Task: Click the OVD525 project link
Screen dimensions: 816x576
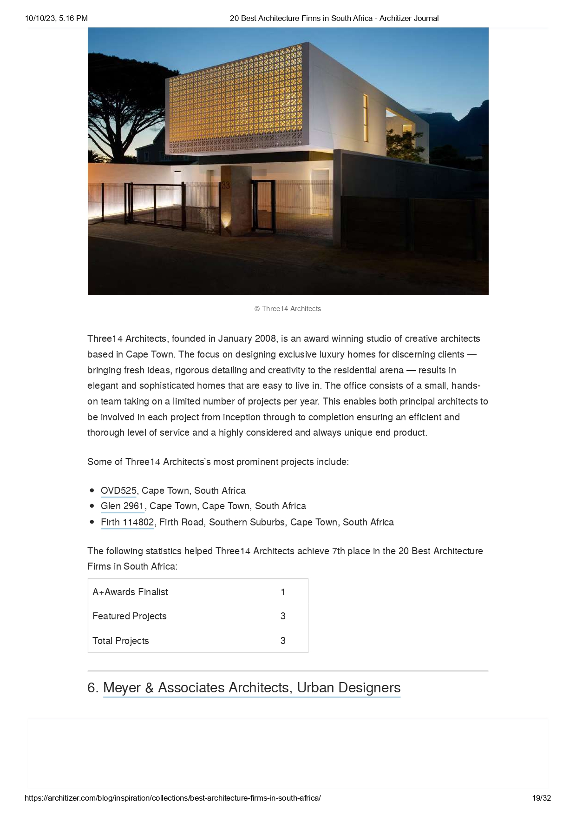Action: click(x=118, y=491)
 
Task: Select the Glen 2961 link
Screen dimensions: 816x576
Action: click(x=122, y=506)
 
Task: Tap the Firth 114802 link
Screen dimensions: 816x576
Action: click(x=127, y=522)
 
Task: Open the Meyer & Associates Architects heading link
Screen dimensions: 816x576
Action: click(x=251, y=688)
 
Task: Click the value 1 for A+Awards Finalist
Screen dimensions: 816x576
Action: click(x=283, y=592)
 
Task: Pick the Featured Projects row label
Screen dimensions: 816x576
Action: click(x=129, y=616)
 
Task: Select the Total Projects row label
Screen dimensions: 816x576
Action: click(x=120, y=641)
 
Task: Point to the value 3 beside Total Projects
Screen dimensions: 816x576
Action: click(x=283, y=641)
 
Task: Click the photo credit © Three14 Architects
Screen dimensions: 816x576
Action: click(x=288, y=309)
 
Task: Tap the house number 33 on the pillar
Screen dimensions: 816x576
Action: click(x=226, y=186)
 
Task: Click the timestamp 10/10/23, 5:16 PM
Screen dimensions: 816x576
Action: click(x=56, y=18)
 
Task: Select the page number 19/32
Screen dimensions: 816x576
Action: click(x=541, y=798)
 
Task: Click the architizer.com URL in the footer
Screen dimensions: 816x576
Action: click(x=172, y=798)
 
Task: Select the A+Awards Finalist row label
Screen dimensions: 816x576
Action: click(x=130, y=592)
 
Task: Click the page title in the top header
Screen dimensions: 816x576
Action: click(x=334, y=18)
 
